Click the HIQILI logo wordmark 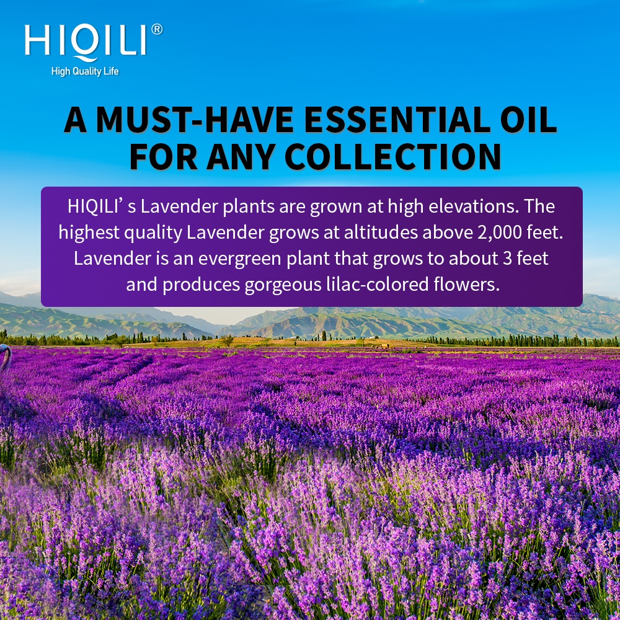tap(86, 42)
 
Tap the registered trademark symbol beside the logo tap(157, 29)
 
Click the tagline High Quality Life tap(85, 71)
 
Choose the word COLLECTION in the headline tap(393, 156)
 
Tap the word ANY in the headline tap(241, 156)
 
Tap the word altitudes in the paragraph tap(381, 232)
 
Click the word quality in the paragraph tap(153, 233)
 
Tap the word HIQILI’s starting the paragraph tap(102, 206)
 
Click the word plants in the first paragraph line tap(249, 207)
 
